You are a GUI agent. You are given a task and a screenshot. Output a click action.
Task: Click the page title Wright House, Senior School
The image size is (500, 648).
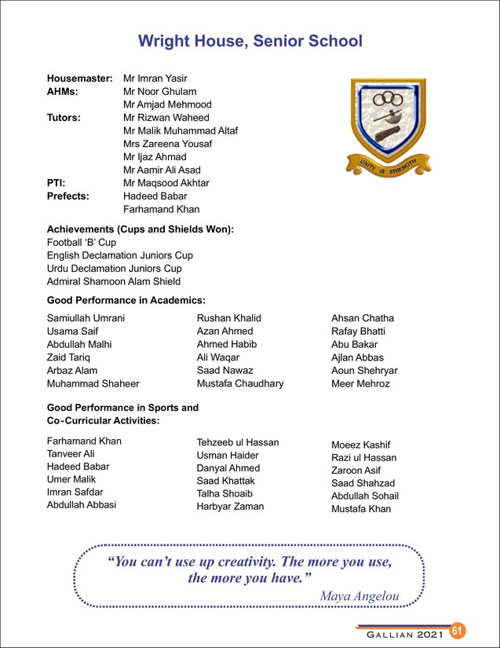250,41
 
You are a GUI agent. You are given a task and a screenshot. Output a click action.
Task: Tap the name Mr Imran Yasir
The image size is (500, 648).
155,79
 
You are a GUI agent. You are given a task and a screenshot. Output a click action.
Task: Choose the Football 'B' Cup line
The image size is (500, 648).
82,242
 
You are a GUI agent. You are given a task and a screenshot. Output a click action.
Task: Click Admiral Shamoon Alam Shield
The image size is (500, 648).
114,281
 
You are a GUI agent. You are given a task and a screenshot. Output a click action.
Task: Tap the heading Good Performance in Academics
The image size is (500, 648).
126,300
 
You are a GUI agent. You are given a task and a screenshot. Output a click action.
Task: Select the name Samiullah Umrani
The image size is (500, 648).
86,318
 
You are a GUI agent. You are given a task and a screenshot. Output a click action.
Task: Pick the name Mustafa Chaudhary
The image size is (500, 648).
240,383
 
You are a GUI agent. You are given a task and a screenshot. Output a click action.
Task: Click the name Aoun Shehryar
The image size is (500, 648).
365,371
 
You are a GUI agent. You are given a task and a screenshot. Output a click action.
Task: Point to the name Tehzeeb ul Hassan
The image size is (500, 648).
238,442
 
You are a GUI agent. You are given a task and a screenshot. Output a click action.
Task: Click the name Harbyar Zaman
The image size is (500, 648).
230,507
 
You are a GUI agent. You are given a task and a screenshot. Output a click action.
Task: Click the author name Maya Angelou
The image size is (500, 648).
360,597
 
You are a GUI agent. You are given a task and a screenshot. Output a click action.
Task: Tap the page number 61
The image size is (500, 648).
458,632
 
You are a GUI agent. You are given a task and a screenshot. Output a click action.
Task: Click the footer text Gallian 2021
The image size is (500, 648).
398,633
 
